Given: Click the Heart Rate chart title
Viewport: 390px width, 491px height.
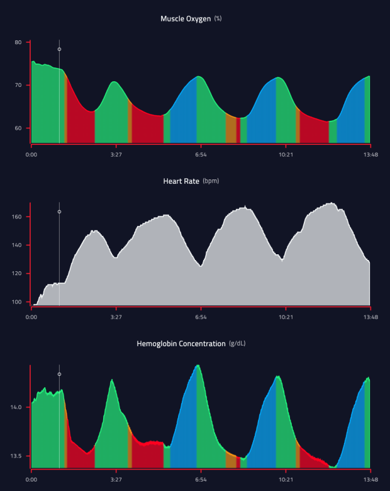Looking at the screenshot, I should click(x=181, y=181).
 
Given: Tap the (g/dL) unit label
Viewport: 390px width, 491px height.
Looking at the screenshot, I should click(x=237, y=344).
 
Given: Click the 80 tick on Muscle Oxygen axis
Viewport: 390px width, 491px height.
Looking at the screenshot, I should click(x=18, y=42).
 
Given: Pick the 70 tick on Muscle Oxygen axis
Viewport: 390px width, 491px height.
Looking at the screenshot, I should click(x=18, y=85).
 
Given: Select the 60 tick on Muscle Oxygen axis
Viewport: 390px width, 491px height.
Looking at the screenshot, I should click(x=18, y=128).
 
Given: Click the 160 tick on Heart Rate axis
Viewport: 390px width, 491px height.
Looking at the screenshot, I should click(x=17, y=217).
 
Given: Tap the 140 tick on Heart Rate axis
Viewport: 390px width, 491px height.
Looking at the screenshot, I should click(x=17, y=245).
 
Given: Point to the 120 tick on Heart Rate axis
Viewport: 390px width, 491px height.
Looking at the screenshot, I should click(x=17, y=274).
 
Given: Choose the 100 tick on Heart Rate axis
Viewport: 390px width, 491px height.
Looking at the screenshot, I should click(x=17, y=302).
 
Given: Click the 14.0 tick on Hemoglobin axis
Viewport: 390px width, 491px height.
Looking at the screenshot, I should click(x=16, y=407).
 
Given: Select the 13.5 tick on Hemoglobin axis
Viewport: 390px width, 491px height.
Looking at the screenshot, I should click(x=16, y=456).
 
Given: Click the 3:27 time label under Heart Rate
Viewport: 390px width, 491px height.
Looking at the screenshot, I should click(x=116, y=317).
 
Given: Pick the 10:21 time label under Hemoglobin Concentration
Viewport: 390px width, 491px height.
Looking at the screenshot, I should click(x=285, y=480).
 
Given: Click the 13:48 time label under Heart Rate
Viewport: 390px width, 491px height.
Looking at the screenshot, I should click(x=370, y=317).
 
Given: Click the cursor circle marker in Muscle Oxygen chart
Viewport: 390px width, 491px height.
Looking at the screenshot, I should click(x=59, y=49).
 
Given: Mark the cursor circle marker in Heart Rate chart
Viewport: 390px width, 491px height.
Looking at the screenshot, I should click(x=59, y=212).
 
